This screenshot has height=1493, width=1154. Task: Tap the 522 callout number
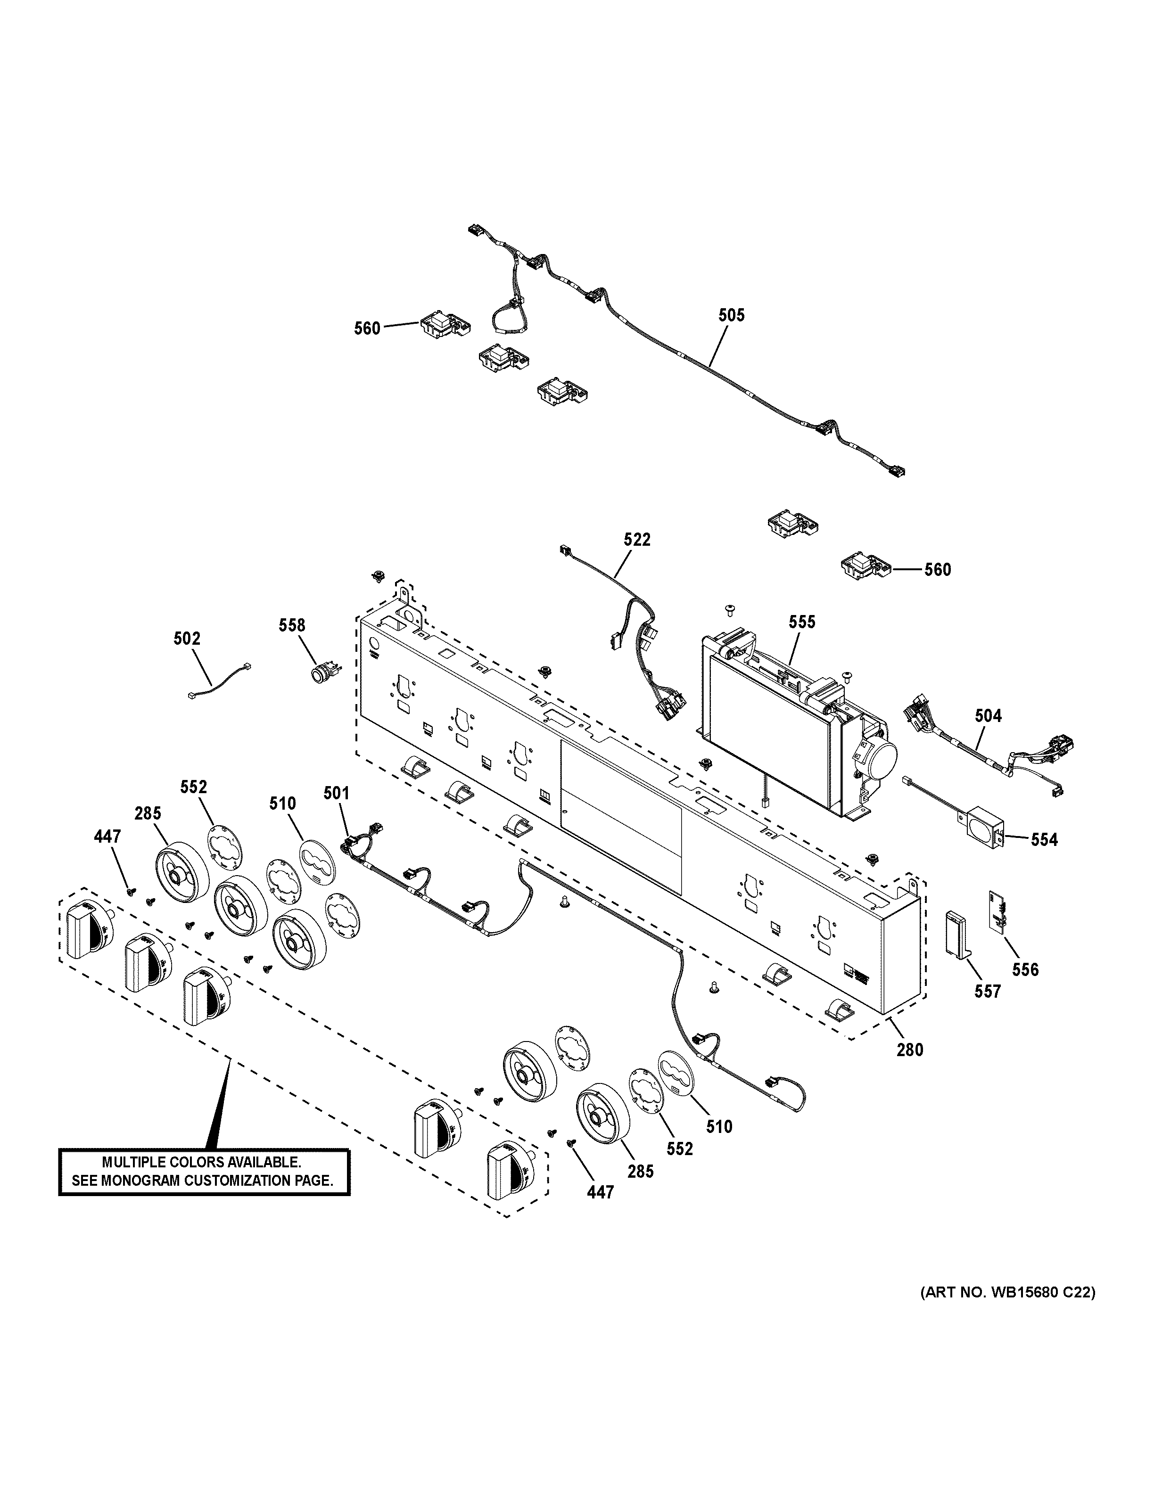pos(637,539)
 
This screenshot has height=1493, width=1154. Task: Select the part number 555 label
pos(802,622)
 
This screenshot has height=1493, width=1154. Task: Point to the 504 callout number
pos(988,716)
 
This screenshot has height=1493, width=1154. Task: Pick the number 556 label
pos(1025,969)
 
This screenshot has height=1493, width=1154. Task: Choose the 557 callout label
pos(987,991)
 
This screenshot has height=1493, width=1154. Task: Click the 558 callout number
pos(292,625)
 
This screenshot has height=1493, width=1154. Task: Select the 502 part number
pos(187,639)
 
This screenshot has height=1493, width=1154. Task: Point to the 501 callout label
pos(337,793)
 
